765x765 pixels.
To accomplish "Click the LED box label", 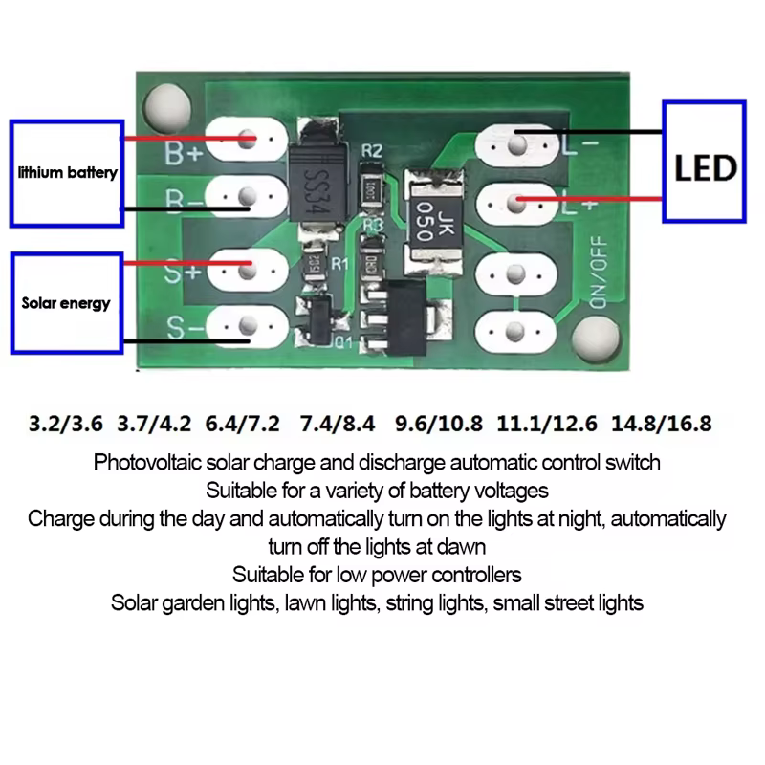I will click(x=706, y=168).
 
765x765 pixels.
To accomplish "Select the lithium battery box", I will click(x=67, y=172).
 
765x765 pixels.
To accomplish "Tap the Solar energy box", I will click(x=66, y=303).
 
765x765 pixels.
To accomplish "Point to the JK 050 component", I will click(x=428, y=215).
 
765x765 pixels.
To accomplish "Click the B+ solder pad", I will click(x=246, y=141).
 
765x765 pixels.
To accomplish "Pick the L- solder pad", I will click(x=517, y=145).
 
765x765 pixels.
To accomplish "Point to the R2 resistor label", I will click(x=372, y=151).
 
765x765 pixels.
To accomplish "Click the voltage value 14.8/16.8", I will click(x=663, y=422).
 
